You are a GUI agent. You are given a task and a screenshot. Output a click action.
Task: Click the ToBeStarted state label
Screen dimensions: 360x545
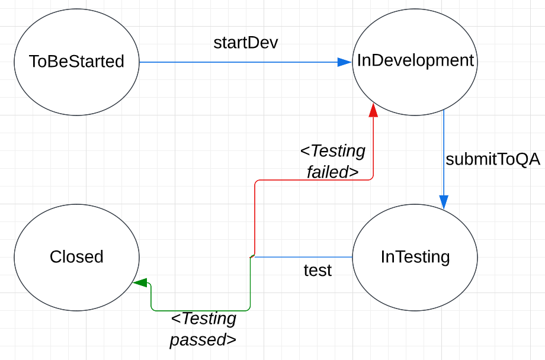pos(76,61)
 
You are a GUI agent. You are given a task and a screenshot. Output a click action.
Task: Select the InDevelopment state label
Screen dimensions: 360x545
pos(415,60)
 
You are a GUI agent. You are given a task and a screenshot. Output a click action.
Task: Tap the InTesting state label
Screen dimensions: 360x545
pos(415,256)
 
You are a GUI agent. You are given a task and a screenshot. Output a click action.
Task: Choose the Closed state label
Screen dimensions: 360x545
pos(76,256)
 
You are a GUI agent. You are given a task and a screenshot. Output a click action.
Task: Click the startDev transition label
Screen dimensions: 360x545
pos(245,43)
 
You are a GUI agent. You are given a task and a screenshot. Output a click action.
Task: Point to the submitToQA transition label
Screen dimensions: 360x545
pos(493,159)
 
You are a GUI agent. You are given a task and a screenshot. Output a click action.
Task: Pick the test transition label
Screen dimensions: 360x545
pos(318,271)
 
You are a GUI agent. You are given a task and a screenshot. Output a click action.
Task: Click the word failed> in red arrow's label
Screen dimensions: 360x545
pos(332,172)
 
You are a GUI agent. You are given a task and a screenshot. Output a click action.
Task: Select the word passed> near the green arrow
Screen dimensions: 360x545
pos(203,340)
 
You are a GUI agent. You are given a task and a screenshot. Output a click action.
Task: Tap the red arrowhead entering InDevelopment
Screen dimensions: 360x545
pos(373,111)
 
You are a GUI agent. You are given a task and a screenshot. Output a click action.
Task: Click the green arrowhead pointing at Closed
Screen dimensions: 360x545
pos(140,283)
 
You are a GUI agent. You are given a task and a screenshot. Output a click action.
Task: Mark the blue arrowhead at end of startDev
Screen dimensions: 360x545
pos(344,62)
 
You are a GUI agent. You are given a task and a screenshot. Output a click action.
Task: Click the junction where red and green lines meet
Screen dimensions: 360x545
pos(252,256)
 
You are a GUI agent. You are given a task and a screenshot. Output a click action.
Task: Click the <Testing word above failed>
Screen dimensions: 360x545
pos(333,151)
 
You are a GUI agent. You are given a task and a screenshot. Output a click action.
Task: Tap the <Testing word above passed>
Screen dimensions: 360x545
pos(203,319)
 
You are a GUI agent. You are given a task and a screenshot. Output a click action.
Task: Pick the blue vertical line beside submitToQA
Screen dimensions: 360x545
pos(444,154)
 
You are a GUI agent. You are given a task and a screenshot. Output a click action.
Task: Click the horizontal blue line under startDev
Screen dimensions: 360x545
pos(237,62)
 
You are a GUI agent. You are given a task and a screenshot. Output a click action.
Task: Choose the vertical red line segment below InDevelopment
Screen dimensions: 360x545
pos(373,148)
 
